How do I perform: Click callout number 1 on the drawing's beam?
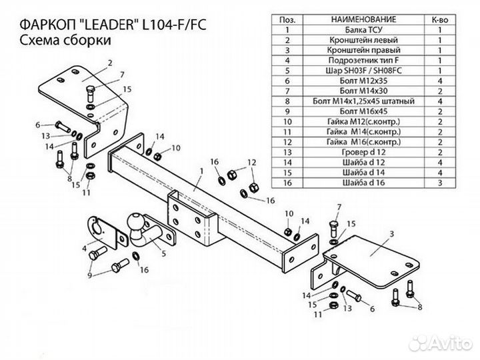point(200,171)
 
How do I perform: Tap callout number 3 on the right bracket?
point(392,233)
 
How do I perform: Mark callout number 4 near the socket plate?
point(85,248)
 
